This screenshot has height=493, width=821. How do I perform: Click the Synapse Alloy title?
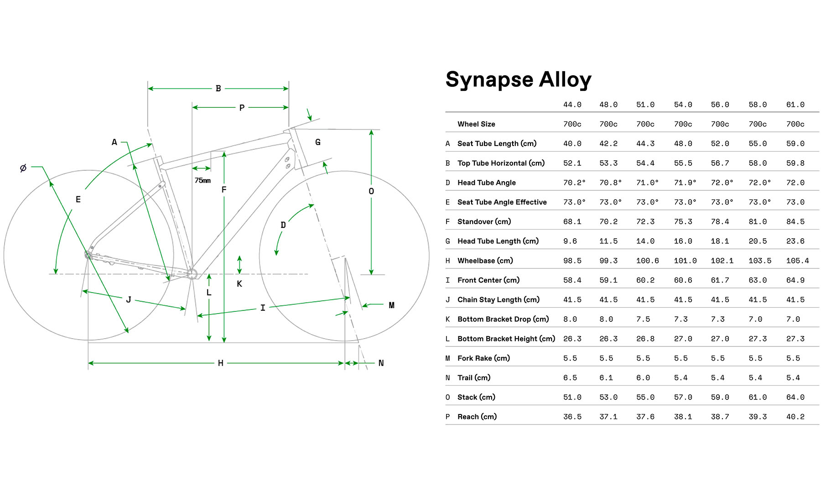(x=518, y=80)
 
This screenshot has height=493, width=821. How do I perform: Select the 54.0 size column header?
(x=683, y=105)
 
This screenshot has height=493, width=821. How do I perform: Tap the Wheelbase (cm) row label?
(x=485, y=261)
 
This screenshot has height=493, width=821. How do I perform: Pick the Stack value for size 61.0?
(x=795, y=397)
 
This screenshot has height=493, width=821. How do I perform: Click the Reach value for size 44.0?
(x=572, y=417)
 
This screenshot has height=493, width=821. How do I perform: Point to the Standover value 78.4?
(x=720, y=221)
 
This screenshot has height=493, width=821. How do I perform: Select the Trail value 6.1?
(x=608, y=378)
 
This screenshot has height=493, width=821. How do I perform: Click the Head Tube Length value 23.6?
(x=795, y=241)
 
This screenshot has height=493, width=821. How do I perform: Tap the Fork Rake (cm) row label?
(x=483, y=358)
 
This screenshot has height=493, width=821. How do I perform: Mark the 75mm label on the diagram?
(x=203, y=180)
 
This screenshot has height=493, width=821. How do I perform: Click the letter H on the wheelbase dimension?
(x=221, y=363)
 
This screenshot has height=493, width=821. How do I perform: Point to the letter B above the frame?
(x=218, y=89)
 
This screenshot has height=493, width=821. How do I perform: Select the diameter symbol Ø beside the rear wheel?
(x=23, y=168)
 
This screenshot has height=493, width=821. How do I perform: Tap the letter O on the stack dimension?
(x=371, y=191)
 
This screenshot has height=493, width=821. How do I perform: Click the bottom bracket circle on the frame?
(x=192, y=274)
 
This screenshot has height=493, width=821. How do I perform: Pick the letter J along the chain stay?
(x=129, y=299)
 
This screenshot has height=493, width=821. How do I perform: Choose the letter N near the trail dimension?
(x=381, y=363)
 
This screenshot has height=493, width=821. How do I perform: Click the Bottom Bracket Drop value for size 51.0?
(x=643, y=319)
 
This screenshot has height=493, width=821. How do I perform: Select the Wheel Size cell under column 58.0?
(x=757, y=124)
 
